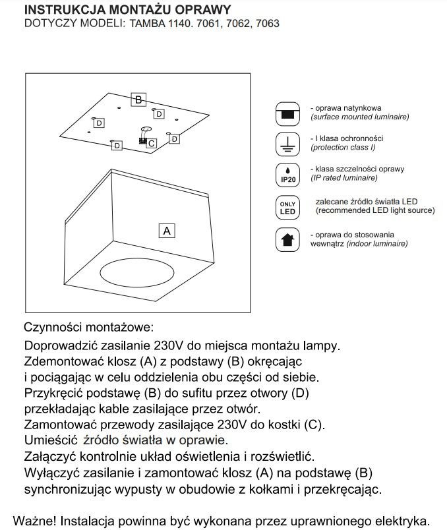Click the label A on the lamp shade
point(167,231)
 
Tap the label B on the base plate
point(138,100)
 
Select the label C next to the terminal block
point(152,142)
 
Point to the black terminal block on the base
point(141,140)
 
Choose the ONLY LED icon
point(287,207)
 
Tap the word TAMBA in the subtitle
point(146,24)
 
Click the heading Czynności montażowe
point(88,327)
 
